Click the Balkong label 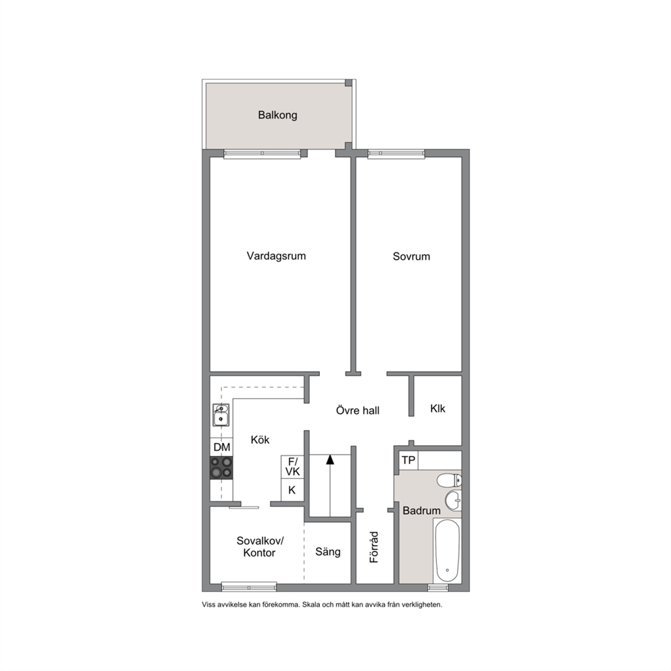pos(277,115)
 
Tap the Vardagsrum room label pos(276,256)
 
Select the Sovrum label pos(411,256)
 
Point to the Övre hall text pos(358,411)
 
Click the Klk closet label pos(438,409)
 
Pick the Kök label pos(260,440)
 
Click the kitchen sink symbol pos(221,415)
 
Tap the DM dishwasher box pos(222,447)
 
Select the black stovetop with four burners pos(222,467)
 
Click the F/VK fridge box pos(293,467)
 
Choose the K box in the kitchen pos(293,490)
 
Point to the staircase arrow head pos(329,459)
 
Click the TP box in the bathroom pos(409,460)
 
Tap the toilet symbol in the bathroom pos(449,480)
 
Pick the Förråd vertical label pos(375,547)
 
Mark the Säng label pos(328,552)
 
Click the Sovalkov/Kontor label pos(260,547)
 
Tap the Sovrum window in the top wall pos(396,154)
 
